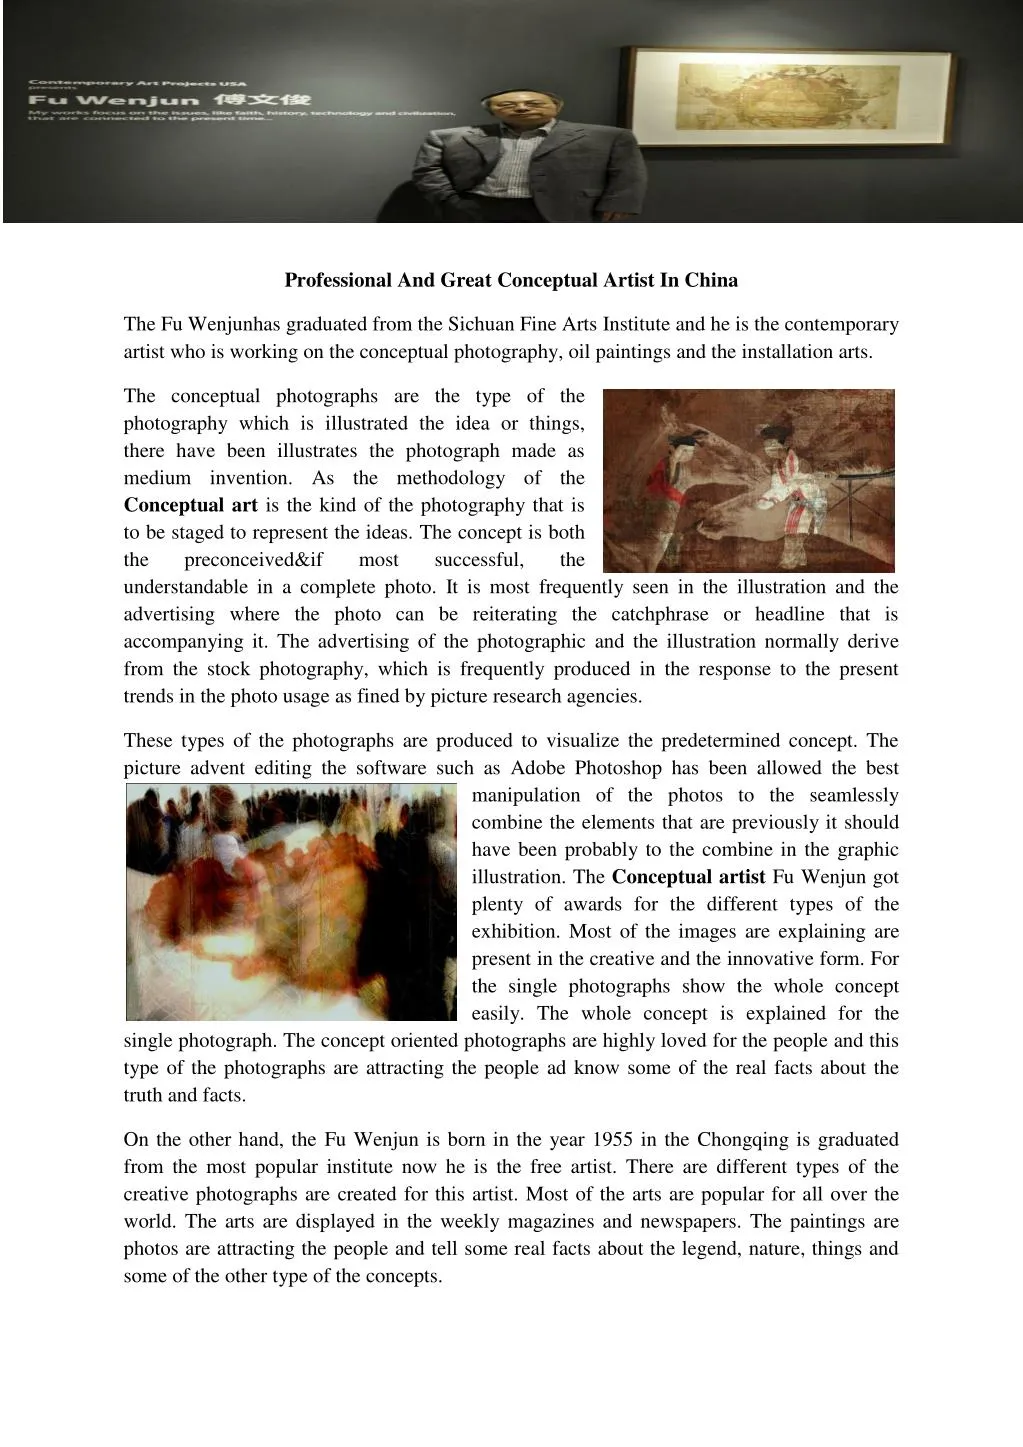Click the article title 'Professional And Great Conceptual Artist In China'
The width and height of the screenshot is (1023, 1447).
511,280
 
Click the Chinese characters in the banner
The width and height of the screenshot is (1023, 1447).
272,100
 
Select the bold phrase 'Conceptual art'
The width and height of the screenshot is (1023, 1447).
190,506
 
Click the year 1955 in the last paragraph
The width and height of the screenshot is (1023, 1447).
612,1140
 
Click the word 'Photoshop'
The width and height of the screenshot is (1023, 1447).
616,768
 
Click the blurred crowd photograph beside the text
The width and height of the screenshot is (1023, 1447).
291,902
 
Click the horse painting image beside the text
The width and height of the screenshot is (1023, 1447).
749,480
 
